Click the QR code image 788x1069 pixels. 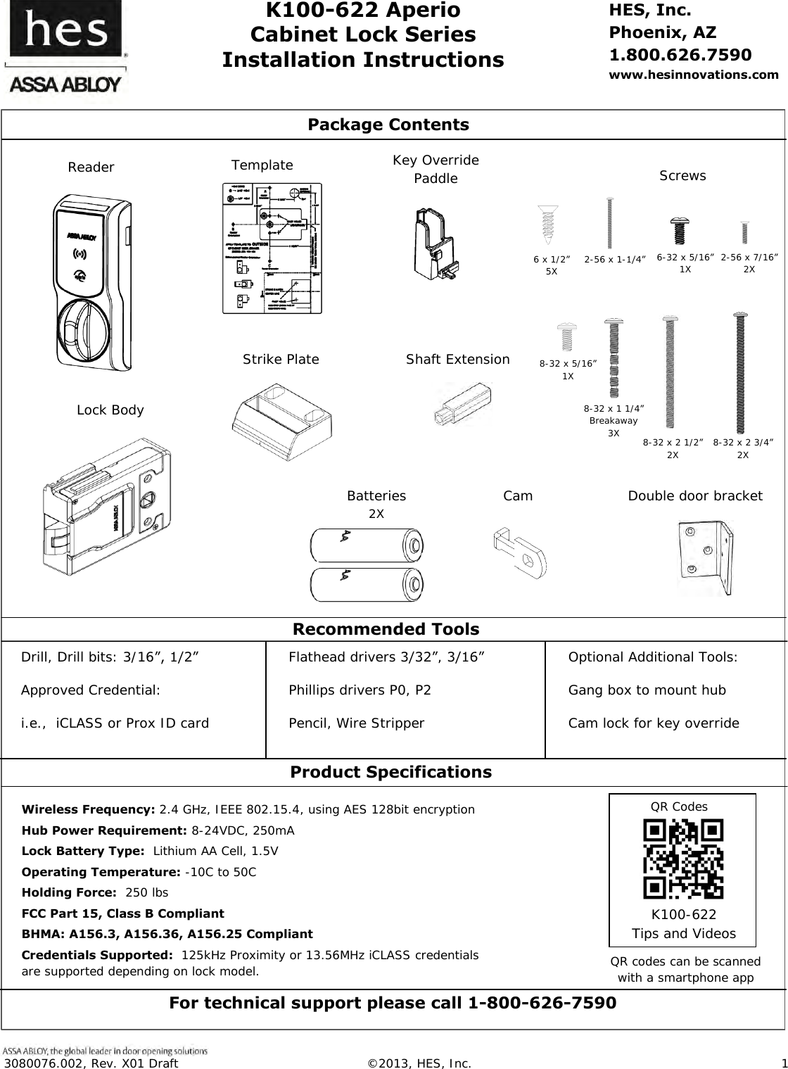[683, 859]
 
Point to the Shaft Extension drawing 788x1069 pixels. [462, 405]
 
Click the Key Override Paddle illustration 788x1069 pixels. [436, 242]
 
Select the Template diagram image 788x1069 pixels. [272, 248]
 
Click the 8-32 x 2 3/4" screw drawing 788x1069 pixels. [741, 374]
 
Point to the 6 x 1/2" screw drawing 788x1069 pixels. [546, 226]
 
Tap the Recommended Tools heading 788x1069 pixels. [386, 628]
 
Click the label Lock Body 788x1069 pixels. [110, 410]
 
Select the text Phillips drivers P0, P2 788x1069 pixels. [360, 690]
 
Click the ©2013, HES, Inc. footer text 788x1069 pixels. [420, 1062]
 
